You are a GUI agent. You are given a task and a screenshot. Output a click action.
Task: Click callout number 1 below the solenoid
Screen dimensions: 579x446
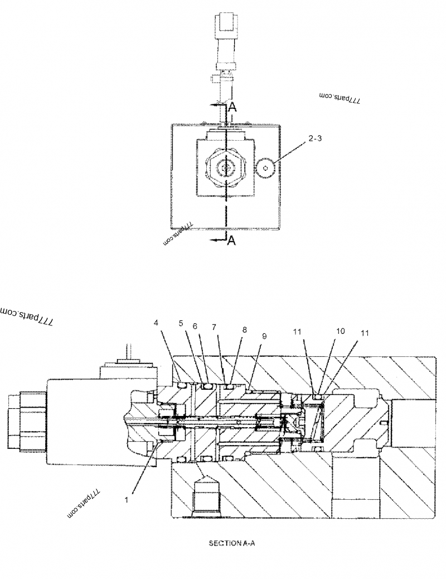coord(127,500)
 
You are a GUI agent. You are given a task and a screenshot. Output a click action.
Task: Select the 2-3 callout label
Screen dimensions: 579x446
coord(314,139)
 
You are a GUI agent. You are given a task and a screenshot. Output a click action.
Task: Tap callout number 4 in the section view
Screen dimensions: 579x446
coord(157,322)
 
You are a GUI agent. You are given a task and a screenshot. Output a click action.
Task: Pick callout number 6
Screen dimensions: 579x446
coord(195,326)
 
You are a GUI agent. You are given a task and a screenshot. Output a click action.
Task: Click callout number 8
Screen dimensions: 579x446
coord(244,329)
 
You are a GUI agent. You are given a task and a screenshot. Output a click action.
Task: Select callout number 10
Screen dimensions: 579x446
coord(340,331)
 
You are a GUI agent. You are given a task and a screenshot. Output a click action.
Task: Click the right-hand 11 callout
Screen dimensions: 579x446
coord(365,333)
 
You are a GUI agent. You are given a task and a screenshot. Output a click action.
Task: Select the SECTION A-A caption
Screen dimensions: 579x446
coord(232,542)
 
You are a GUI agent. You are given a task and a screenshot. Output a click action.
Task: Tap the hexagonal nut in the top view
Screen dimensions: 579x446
coord(226,167)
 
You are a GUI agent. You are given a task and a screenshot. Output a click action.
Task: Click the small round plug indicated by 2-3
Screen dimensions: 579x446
coord(266,166)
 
